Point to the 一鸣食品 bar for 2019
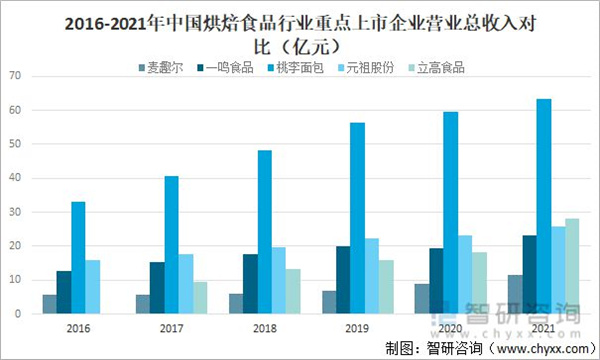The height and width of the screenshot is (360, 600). (342, 280)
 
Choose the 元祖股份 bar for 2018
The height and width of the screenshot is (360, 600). (279, 280)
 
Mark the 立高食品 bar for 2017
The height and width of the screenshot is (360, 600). (201, 297)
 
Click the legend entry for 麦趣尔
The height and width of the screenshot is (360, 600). (164, 68)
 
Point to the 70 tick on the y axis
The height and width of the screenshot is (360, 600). (13, 76)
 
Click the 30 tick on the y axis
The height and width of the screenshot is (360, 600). (13, 212)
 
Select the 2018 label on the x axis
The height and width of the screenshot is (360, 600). (264, 328)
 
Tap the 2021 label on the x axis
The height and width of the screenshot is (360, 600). (543, 328)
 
